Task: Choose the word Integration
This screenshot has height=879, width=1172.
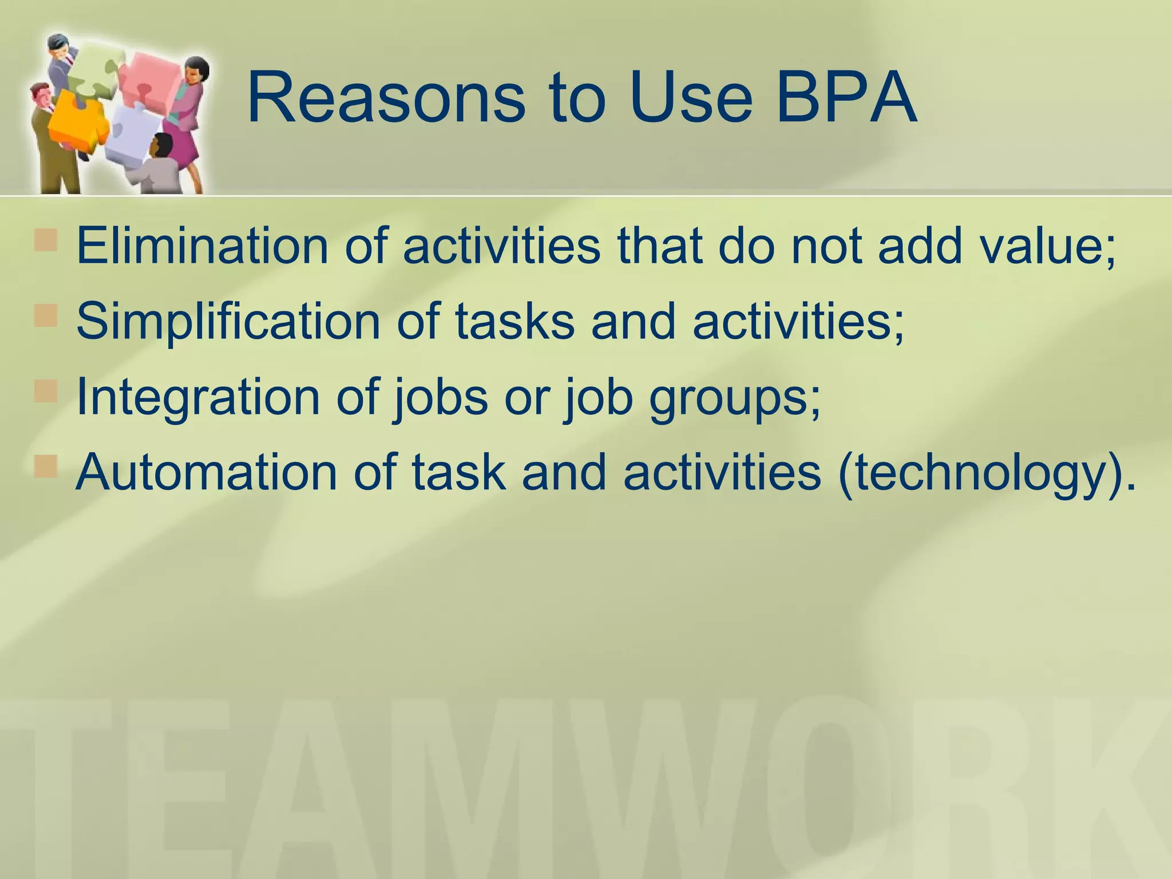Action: coord(198,397)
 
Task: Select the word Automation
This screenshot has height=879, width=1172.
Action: coord(207,473)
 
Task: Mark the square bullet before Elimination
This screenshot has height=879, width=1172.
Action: coord(46,240)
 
